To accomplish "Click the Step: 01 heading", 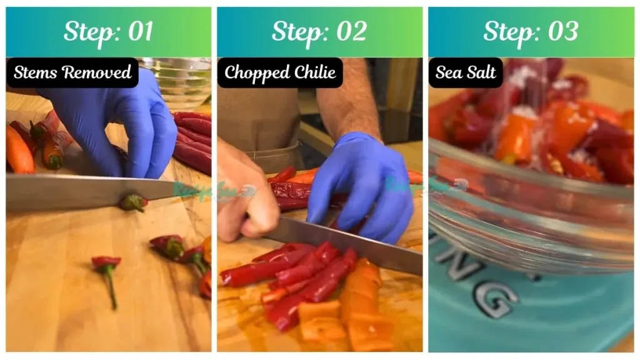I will coord(108,31).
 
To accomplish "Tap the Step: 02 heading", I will coord(319,31).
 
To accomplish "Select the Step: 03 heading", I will coord(531,31).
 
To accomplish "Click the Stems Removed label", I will coord(72,72).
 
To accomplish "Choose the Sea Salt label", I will coord(465,72).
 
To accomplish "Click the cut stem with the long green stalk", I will coord(108,275).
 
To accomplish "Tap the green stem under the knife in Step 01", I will coord(133,202).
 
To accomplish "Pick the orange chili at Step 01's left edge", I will coord(19,150).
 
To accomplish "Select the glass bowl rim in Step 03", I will coord(531,181).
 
